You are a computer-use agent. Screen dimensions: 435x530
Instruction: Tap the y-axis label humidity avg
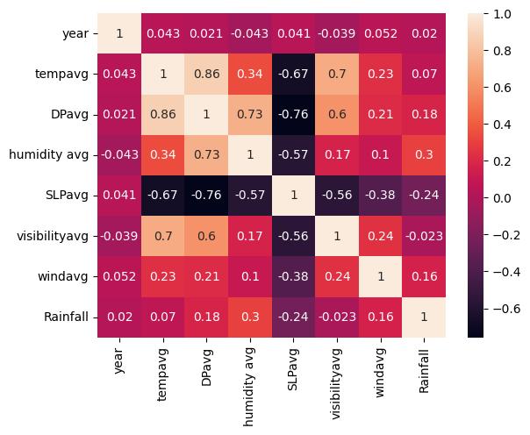[x=49, y=155]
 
